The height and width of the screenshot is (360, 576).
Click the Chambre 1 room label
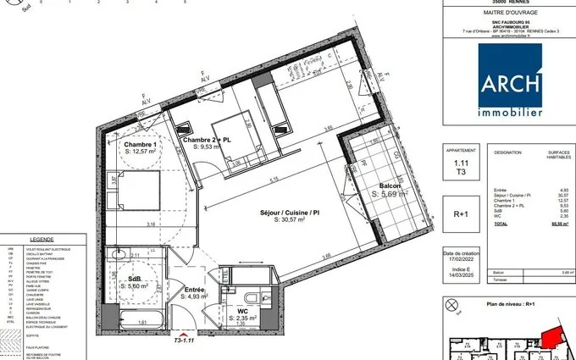144,145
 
